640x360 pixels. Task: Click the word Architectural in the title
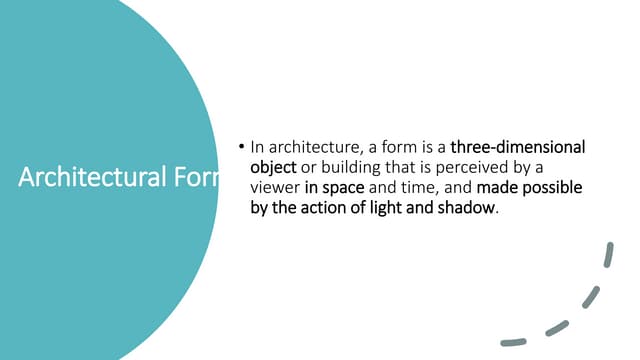(84, 179)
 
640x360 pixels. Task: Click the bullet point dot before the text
(241, 147)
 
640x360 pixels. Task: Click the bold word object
(273, 168)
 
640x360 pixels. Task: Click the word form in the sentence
(396, 148)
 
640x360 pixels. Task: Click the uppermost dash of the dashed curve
(608, 255)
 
